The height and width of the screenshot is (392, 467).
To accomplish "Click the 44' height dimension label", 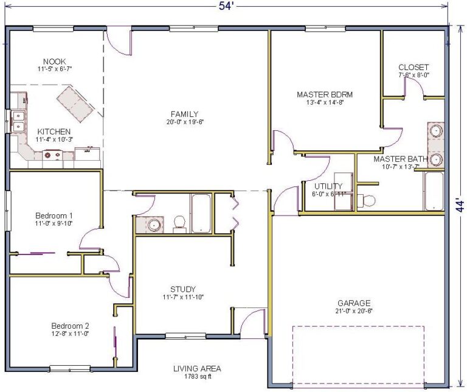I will click(x=461, y=205).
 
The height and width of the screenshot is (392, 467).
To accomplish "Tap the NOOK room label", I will click(x=55, y=61).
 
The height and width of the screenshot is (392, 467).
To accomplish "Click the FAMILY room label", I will click(x=184, y=114).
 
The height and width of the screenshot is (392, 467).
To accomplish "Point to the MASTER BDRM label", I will click(x=325, y=94).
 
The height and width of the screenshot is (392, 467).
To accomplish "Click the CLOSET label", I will click(x=413, y=67).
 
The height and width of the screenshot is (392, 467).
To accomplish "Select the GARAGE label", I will click(x=354, y=303).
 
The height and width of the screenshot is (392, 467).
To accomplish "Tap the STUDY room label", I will click(x=184, y=289).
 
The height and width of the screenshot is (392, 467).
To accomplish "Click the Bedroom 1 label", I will click(x=54, y=215).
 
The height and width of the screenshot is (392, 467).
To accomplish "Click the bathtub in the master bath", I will click(x=434, y=191).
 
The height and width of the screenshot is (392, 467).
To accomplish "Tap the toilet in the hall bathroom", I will click(x=179, y=223).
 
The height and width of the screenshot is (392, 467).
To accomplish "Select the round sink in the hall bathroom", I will click(x=154, y=225).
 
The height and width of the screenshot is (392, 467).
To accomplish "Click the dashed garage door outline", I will click(x=358, y=355).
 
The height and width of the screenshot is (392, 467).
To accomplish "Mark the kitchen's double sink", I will click(x=18, y=121).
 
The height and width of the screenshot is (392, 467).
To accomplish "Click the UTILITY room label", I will click(x=328, y=186).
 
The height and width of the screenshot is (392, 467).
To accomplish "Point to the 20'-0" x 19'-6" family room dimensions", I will click(x=184, y=122).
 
